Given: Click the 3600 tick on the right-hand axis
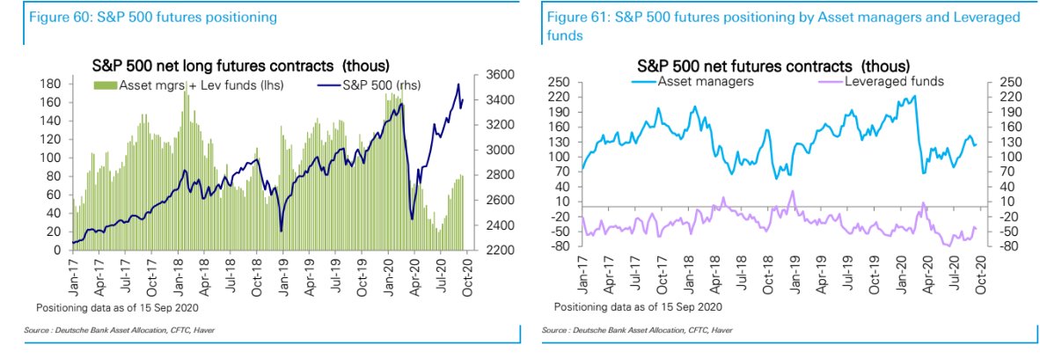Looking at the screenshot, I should pyautogui.click(x=488, y=75).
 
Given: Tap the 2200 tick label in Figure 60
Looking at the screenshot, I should pyautogui.click(x=488, y=251).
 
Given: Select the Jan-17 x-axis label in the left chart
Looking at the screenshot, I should pyautogui.click(x=73, y=272).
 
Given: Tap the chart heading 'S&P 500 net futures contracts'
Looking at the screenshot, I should pyautogui.click(x=773, y=66).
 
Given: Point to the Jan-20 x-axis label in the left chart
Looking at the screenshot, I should pyautogui.click(x=387, y=272).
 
